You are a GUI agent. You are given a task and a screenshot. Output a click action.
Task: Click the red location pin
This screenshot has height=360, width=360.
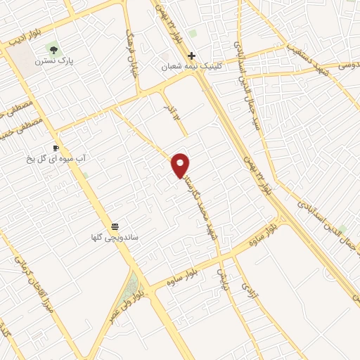[181, 165]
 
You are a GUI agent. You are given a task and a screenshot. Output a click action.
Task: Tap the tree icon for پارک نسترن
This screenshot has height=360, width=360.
[53, 49]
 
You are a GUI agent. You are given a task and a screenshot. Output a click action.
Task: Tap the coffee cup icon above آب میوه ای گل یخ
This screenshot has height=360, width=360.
[56, 148]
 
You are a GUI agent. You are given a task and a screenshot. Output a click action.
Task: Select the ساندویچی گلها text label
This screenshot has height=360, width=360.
[115, 238]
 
